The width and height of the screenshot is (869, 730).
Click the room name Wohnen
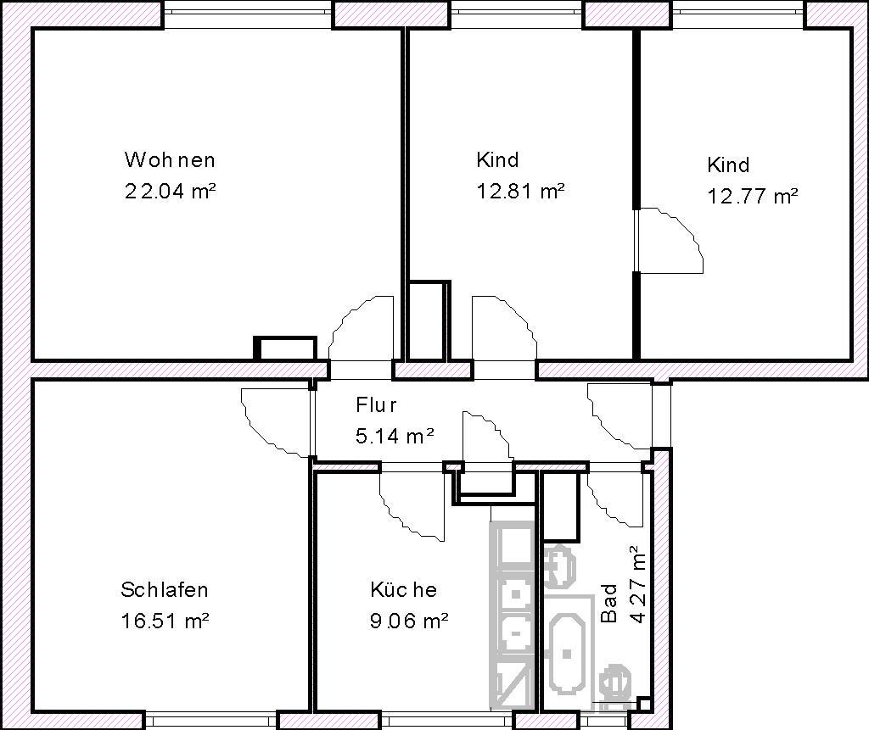pyautogui.click(x=170, y=160)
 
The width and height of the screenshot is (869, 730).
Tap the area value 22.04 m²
pyautogui.click(x=170, y=192)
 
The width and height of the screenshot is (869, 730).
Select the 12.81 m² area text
pyautogui.click(x=520, y=192)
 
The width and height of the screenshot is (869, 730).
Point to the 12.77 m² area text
pyautogui.click(x=752, y=197)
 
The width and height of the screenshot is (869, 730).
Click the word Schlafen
pyautogui.click(x=165, y=590)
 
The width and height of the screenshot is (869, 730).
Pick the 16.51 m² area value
pyautogui.click(x=165, y=621)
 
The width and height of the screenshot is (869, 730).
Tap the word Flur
pyautogui.click(x=376, y=405)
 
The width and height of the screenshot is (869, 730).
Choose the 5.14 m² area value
pyautogui.click(x=395, y=437)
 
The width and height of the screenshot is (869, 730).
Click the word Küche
pyautogui.click(x=403, y=590)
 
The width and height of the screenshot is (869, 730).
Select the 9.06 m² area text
pyautogui.click(x=409, y=621)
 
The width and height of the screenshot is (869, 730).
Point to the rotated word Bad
pyautogui.click(x=609, y=603)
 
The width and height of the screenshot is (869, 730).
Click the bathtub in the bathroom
pyautogui.click(x=567, y=655)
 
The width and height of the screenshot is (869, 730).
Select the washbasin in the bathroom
pyautogui.click(x=560, y=566)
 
